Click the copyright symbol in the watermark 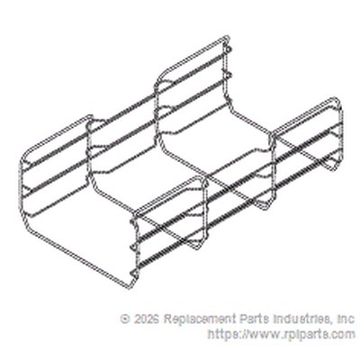click(x=125, y=319)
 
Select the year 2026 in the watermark click(x=146, y=319)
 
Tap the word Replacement click(x=200, y=319)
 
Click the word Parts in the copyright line click(x=255, y=319)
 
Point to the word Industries click(x=302, y=319)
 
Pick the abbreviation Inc click(x=346, y=319)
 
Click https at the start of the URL click(x=222, y=334)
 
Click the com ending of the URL click(x=345, y=335)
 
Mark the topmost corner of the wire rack click(x=227, y=37)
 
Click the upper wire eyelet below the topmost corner click(x=229, y=49)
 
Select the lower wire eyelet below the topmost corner click(x=229, y=74)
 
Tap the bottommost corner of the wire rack click(x=130, y=287)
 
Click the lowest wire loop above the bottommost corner click(x=134, y=273)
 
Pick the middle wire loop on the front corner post click(x=133, y=247)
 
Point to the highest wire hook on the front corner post click(x=133, y=221)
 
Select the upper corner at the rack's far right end click(x=338, y=100)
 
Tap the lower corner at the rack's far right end click(x=336, y=168)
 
